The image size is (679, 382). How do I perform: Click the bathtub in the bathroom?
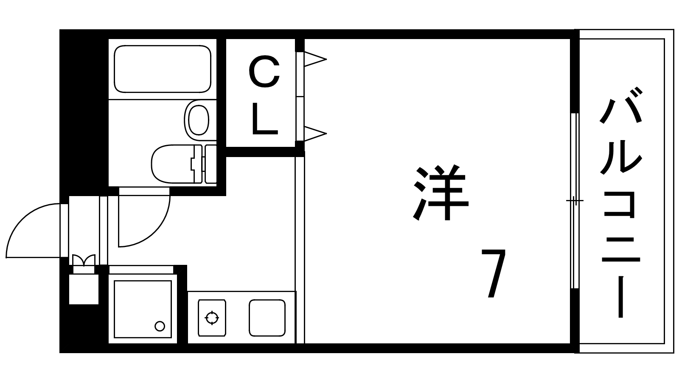tap(163, 69)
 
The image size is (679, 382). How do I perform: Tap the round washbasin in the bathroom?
tap(199, 120)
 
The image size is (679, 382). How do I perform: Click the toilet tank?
tap(210, 164)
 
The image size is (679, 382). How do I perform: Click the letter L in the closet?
tap(265, 118)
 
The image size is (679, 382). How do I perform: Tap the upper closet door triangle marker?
tap(315, 59)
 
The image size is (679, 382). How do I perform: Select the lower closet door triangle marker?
tap(315, 133)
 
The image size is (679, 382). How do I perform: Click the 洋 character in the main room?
tap(441, 193)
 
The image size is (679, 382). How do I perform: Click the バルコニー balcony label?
tap(621, 202)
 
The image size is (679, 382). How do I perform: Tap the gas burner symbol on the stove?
tap(212, 318)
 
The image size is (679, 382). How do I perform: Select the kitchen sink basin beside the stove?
tap(267, 318)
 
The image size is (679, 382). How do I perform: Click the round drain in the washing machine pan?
tap(160, 326)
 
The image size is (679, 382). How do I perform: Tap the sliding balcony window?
tap(575, 200)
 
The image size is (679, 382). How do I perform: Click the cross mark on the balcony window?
tap(575, 200)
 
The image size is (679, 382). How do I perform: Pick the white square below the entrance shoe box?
tap(84, 289)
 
